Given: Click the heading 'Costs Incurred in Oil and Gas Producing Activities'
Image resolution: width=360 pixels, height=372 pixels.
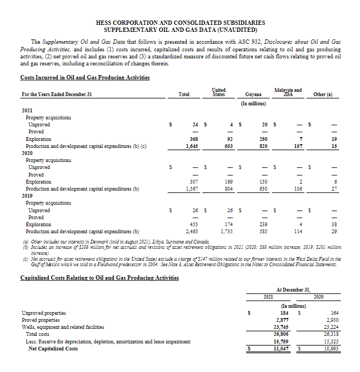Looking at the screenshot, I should click(x=85, y=78).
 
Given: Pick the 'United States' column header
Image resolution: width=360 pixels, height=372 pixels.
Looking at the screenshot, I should click(x=219, y=92).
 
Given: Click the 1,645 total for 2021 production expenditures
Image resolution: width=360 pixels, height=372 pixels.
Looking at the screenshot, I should click(x=191, y=146).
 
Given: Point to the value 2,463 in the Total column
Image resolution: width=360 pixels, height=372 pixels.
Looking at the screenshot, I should click(x=191, y=231).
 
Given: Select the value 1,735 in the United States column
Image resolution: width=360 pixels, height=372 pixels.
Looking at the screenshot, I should click(x=227, y=231).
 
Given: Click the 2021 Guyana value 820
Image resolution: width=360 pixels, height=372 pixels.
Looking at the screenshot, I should click(x=263, y=146).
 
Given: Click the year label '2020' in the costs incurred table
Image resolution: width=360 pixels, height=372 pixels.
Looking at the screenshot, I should click(x=27, y=153).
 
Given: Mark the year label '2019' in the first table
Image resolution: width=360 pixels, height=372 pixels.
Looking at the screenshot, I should click(x=27, y=195).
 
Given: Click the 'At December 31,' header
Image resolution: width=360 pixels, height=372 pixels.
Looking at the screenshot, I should click(x=296, y=289).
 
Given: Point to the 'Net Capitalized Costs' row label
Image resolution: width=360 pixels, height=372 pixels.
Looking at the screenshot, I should click(x=53, y=349).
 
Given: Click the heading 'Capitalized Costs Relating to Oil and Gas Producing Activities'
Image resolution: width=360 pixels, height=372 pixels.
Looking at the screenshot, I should click(x=99, y=278).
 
